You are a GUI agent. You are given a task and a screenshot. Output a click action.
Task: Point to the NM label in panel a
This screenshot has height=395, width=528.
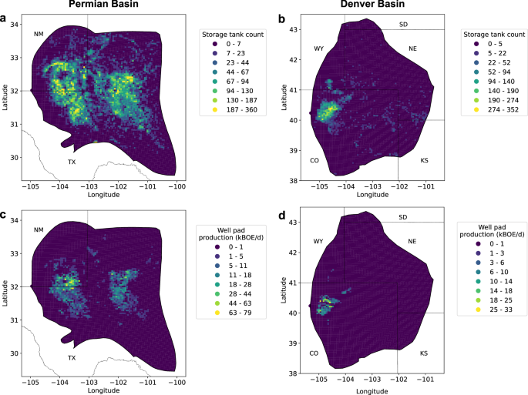pos(39,34)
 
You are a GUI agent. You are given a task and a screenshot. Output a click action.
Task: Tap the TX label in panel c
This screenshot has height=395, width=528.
pos(72,357)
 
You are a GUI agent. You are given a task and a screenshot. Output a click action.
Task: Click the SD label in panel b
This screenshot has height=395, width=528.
pos(402,25)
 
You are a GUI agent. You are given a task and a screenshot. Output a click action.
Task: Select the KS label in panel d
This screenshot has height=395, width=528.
pos(424,353)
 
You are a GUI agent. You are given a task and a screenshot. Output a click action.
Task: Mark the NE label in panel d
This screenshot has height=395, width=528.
pos(412,241)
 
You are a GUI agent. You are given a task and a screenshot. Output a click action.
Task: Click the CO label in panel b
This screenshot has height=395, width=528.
pos(314,160)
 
